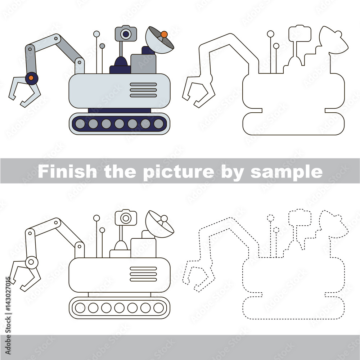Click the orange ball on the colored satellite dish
pos(164,35)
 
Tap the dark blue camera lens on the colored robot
pos(126,34)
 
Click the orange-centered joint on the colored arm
pos(31,78)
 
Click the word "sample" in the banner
pos(287,172)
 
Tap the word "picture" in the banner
pos(179,172)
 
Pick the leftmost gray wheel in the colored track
pos(80,124)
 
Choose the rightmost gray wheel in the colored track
pos(159,124)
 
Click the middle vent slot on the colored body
pos(143,90)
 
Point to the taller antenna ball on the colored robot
pos(96,34)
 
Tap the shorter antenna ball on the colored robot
pos(102,46)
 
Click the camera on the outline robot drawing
pos(126,217)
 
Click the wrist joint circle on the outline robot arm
pos(31,262)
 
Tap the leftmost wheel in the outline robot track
pos(80,308)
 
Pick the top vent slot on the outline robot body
pos(143,269)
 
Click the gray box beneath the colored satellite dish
pos(143,64)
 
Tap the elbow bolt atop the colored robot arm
pos(56,39)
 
